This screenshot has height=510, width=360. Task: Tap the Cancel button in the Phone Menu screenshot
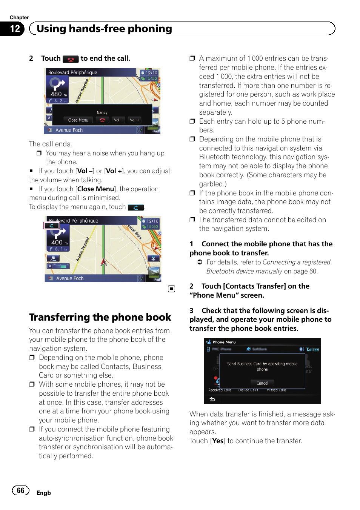pyautogui.click(x=262, y=383)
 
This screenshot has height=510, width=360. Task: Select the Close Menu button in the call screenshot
pyautogui.click(x=78, y=120)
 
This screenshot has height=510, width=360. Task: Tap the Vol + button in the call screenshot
pyautogui.click(x=134, y=120)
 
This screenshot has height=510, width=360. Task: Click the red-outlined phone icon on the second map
pyautogui.click(x=52, y=226)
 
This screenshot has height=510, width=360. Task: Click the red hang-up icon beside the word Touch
pyautogui.click(x=71, y=59)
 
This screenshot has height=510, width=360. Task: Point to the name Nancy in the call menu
pyautogui.click(x=102, y=112)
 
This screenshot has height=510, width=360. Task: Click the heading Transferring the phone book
pyautogui.click(x=100, y=317)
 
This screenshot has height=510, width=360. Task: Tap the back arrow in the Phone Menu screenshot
pyautogui.click(x=212, y=399)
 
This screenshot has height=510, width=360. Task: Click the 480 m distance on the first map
pyautogui.click(x=58, y=94)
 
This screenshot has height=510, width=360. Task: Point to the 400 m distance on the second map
pyautogui.click(x=59, y=242)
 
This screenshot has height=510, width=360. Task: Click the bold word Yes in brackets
pyautogui.click(x=217, y=441)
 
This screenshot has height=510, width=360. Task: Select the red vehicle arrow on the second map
pyautogui.click(x=103, y=262)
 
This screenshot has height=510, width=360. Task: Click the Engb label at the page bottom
pyautogui.click(x=44, y=493)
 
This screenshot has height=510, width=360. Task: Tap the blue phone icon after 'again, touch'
pyautogui.click(x=136, y=207)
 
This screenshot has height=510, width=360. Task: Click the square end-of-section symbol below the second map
pyautogui.click(x=171, y=289)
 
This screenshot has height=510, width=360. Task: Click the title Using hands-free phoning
pyautogui.click(x=104, y=29)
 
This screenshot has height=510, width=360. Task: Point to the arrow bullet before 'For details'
pyautogui.click(x=200, y=262)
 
